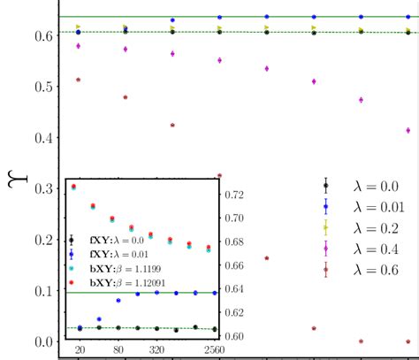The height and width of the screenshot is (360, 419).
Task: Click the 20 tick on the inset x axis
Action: pyautogui.click(x=80, y=349)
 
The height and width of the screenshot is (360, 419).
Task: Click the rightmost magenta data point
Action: pyautogui.click(x=408, y=130)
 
